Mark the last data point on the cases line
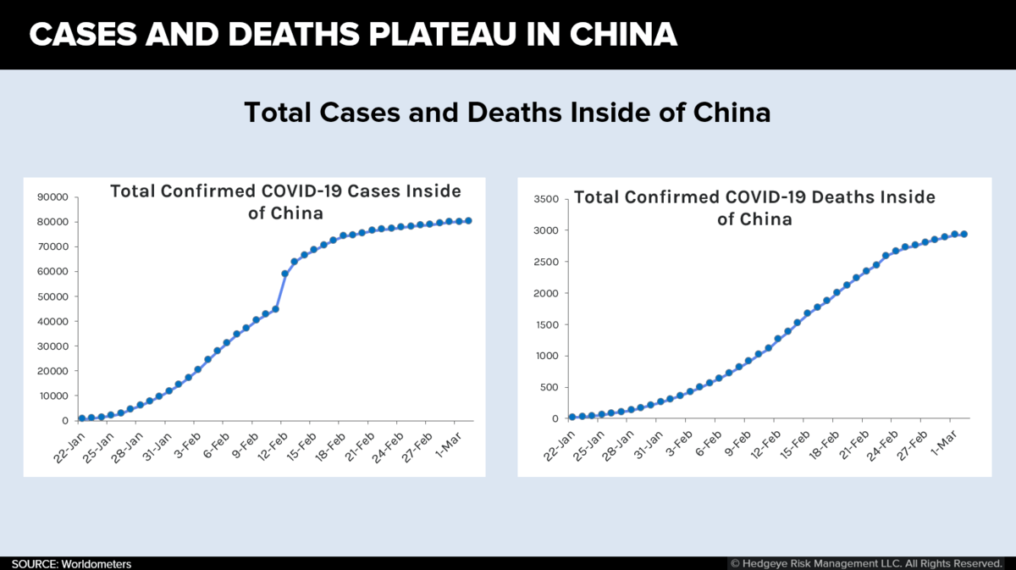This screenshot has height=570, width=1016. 468,220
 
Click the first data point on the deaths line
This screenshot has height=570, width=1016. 572,417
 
